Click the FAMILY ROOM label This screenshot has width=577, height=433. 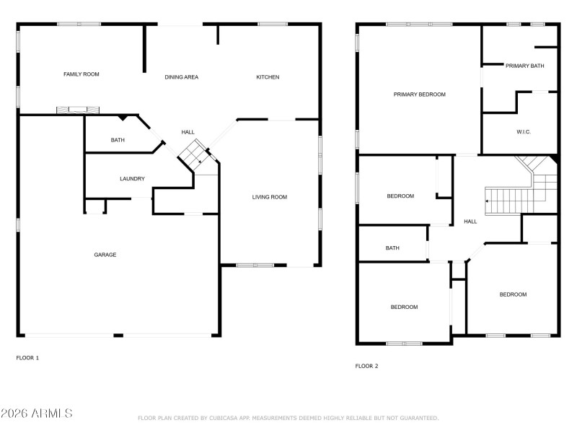pyautogui.click(x=81, y=74)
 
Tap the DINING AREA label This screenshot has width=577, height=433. pyautogui.click(x=181, y=77)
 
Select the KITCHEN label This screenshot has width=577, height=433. pyautogui.click(x=268, y=77)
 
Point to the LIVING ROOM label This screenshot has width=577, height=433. pyautogui.click(x=270, y=197)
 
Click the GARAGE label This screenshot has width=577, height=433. pyautogui.click(x=105, y=255)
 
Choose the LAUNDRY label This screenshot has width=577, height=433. pyautogui.click(x=132, y=179)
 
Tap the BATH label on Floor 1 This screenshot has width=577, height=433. pyautogui.click(x=118, y=140)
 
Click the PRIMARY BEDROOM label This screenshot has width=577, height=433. pyautogui.click(x=419, y=95)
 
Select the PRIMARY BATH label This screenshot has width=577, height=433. pyautogui.click(x=524, y=66)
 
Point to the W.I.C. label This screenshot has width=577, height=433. pyautogui.click(x=524, y=132)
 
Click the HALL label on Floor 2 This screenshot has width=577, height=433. pyautogui.click(x=470, y=222)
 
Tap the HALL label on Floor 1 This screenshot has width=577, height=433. pyautogui.click(x=188, y=132)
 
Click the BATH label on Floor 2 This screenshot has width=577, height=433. pyautogui.click(x=392, y=248)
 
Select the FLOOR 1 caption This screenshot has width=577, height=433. pyautogui.click(x=27, y=358)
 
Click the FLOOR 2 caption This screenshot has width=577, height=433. pyautogui.click(x=366, y=366)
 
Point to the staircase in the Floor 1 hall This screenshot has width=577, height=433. pyautogui.click(x=193, y=154)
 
